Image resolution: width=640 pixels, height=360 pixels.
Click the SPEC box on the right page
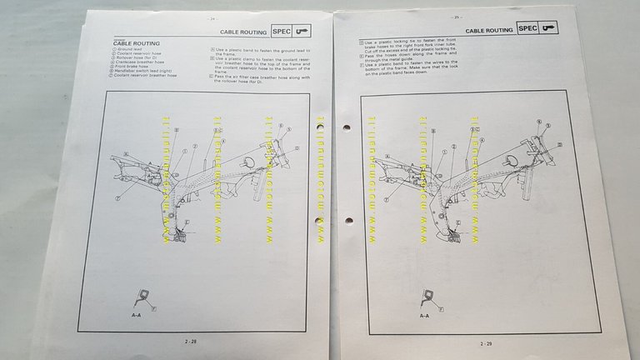[527, 29]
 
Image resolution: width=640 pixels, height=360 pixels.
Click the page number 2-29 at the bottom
[485, 343]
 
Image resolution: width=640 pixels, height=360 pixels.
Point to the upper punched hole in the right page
[346, 127]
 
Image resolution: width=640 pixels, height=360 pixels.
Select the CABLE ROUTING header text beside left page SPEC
[243, 32]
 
